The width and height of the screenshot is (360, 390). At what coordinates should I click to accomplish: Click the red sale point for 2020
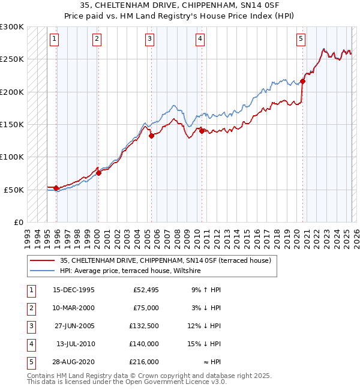click(303, 82)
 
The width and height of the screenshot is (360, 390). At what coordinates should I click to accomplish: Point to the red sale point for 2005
click(152, 136)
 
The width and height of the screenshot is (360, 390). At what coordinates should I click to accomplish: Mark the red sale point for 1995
click(56, 188)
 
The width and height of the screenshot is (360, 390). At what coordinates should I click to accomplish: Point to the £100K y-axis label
click(12, 157)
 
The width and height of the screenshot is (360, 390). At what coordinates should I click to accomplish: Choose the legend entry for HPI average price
click(130, 271)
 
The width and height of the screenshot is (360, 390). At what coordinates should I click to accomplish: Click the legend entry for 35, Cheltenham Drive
click(166, 260)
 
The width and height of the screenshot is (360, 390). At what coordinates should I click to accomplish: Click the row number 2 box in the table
click(31, 307)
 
